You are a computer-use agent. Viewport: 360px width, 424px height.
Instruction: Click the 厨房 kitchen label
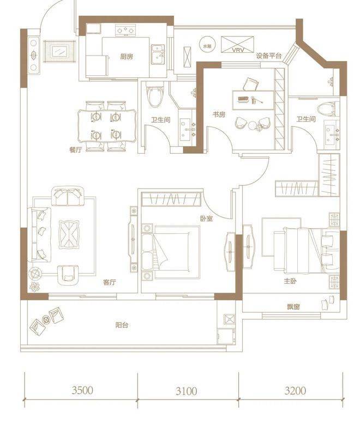click(x=127, y=57)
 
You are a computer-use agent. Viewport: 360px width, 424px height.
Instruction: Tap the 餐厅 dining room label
click(x=75, y=149)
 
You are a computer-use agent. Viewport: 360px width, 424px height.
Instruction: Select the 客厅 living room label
click(x=110, y=282)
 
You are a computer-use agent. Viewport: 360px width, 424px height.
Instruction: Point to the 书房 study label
click(x=219, y=114)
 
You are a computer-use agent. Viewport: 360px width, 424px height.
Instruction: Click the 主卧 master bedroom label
click(x=290, y=281)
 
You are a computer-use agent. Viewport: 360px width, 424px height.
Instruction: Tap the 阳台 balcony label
click(x=122, y=325)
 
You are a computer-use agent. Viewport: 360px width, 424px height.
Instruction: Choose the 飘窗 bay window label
click(x=293, y=307)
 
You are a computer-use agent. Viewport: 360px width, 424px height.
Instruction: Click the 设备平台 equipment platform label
click(x=269, y=56)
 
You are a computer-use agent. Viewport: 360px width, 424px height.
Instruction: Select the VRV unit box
click(x=237, y=44)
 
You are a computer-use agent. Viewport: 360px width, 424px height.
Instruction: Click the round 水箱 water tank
click(x=207, y=46)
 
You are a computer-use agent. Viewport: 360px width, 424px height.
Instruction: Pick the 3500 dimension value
click(x=82, y=390)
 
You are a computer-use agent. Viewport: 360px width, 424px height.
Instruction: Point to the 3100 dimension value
click(x=186, y=391)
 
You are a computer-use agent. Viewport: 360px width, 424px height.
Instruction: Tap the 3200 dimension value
click(x=295, y=390)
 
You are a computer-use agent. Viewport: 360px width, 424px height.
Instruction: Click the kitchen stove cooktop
click(x=125, y=30)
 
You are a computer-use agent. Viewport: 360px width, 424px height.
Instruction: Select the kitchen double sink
click(x=158, y=55)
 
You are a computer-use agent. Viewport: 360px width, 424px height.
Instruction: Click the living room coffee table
click(x=69, y=234)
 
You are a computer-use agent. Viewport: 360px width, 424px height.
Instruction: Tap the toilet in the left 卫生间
click(x=154, y=96)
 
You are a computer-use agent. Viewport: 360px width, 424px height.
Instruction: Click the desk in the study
click(x=253, y=100)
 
